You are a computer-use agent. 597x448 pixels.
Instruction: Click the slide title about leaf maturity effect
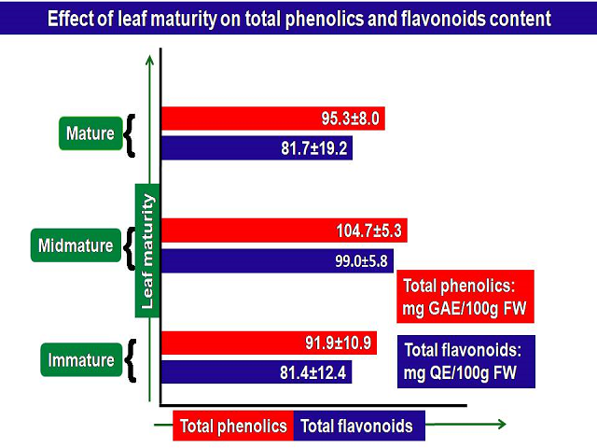pyautogui.click(x=298, y=17)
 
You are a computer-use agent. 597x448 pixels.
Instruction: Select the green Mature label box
pyautogui.click(x=90, y=133)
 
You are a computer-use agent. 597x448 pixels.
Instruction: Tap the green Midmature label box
pyautogui.click(x=76, y=246)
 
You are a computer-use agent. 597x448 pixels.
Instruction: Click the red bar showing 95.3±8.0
pyautogui.click(x=273, y=119)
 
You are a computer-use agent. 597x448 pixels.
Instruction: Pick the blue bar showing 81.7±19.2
pyautogui.click(x=257, y=147)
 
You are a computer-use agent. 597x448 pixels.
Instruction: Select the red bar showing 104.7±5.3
pyautogui.click(x=286, y=231)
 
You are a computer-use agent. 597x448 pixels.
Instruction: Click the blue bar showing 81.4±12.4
pyautogui.click(x=257, y=372)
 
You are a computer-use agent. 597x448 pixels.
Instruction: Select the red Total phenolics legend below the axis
pyautogui.click(x=233, y=427)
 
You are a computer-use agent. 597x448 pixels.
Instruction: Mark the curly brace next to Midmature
pyautogui.click(x=129, y=246)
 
